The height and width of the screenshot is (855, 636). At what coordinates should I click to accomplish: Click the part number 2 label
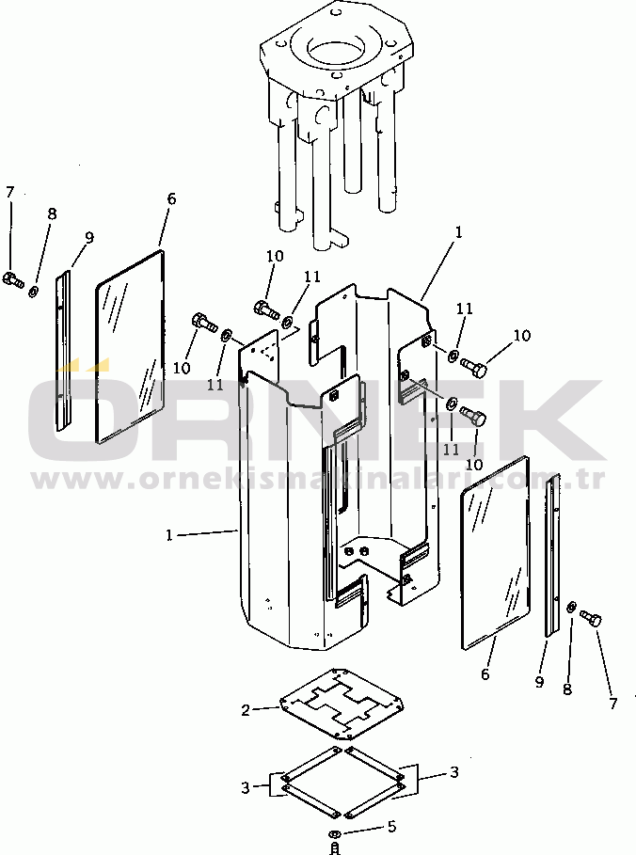pos(246,709)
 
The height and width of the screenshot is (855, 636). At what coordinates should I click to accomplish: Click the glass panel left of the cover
pos(130,346)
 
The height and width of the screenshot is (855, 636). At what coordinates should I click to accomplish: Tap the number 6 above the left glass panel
pos(171,199)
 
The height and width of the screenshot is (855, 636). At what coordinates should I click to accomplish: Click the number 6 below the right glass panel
pos(485,674)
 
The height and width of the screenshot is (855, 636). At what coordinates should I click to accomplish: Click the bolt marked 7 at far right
pos(591,619)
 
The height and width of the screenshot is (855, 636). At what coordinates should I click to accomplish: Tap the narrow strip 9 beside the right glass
pos(552,555)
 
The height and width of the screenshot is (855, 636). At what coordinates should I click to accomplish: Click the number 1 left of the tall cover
pos(169,534)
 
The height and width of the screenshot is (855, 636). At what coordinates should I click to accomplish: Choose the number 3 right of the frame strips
pos(453,772)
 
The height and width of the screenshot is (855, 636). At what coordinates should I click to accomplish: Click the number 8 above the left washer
pos(52,214)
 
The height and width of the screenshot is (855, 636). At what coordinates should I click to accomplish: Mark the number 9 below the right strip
pos(539,682)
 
